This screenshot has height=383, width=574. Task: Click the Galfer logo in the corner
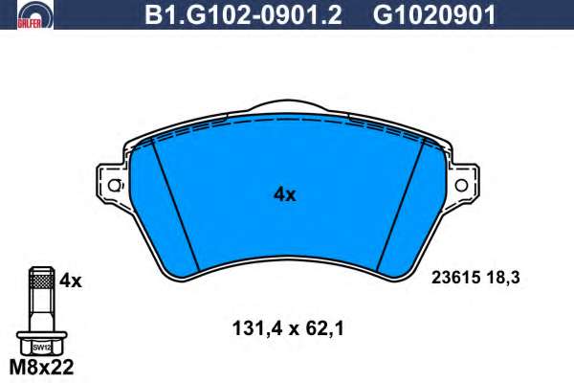tap(34, 14)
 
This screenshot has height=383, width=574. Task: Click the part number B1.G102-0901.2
tap(243, 14)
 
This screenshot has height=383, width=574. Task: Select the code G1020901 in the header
tap(433, 14)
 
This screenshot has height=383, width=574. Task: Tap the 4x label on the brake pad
tap(284, 194)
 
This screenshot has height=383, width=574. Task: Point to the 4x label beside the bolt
tap(71, 281)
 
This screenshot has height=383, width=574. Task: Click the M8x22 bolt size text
tap(41, 367)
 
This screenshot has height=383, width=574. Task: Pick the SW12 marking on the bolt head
tap(41, 348)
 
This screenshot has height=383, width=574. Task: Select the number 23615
tap(455, 278)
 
